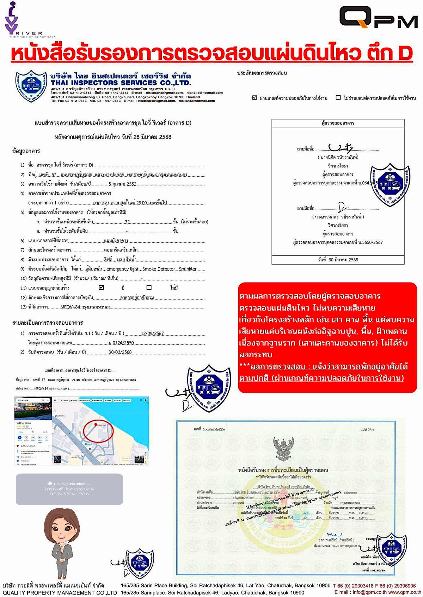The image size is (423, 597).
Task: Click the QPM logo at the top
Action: tap(378, 17)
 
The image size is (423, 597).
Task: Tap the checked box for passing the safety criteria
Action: tap(255, 97)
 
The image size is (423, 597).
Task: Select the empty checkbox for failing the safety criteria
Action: tap(338, 97)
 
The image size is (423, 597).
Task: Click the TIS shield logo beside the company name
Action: tap(31, 86)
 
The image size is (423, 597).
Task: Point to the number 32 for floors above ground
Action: tap(127, 222)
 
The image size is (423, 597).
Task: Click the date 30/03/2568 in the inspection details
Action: tap(120, 352)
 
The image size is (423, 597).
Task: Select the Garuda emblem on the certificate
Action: tap(283, 449)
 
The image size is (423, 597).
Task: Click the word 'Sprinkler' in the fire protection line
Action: tap(188, 269)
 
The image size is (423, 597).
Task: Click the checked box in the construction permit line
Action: tap(102, 287)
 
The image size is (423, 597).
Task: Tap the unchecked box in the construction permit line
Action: tap(149, 287)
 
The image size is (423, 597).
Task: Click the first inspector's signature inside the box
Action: tap(340, 147)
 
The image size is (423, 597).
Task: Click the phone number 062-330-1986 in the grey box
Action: tap(69, 494)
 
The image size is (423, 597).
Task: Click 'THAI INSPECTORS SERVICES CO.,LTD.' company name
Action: tap(121, 83)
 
